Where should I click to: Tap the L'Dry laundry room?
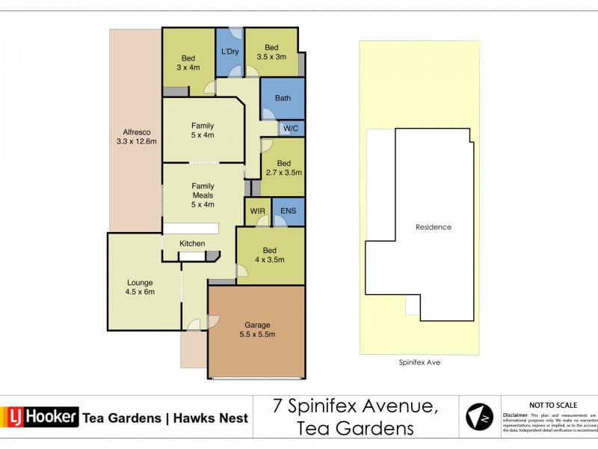coord(229,52)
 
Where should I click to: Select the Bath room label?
coord(283,98)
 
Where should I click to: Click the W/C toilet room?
coord(292,129)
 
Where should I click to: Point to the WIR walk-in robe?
coord(258,211)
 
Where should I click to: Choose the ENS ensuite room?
coord(289,211)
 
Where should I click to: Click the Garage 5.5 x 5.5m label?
coord(256,329)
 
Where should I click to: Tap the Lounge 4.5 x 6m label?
coord(140,287)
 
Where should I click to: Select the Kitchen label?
coord(192,243)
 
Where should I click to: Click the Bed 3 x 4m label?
coord(188,63)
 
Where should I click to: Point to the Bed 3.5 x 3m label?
coord(271,51)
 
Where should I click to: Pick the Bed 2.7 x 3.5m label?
coord(283,168)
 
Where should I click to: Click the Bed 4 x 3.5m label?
coord(269,254)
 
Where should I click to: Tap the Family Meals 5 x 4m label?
coord(203,195)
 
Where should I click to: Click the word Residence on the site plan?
coord(434,227)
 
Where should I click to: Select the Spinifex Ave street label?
coord(419,361)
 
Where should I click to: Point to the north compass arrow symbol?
coord(479,417)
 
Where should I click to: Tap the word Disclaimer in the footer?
coord(517,414)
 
